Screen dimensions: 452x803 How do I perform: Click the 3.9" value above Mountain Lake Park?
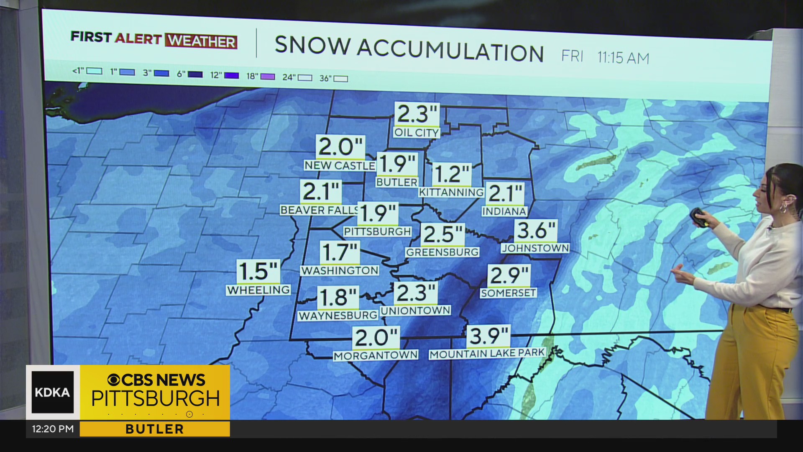point(488,336)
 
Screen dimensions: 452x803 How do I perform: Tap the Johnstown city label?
point(535,248)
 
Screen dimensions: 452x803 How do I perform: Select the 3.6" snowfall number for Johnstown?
point(536,231)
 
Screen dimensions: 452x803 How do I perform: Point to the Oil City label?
point(416,133)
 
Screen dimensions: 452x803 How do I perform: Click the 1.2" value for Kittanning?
point(451,175)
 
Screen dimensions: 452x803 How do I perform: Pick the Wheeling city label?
point(258,290)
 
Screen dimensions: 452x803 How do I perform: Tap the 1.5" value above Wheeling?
point(258,271)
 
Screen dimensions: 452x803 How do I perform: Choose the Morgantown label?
point(376,356)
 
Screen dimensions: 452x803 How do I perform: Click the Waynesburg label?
point(338,316)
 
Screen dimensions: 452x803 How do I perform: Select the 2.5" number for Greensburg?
point(442,234)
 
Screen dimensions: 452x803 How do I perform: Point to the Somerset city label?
point(508,293)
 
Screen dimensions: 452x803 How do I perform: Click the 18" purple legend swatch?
point(268,77)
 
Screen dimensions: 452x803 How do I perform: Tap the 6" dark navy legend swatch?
point(195,74)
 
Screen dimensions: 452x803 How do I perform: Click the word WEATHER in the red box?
point(201,41)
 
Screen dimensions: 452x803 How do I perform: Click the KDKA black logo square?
point(53,392)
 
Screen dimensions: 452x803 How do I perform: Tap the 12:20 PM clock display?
point(53,429)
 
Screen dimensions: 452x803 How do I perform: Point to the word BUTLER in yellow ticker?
point(154,429)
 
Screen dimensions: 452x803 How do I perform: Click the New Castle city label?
point(339,166)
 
